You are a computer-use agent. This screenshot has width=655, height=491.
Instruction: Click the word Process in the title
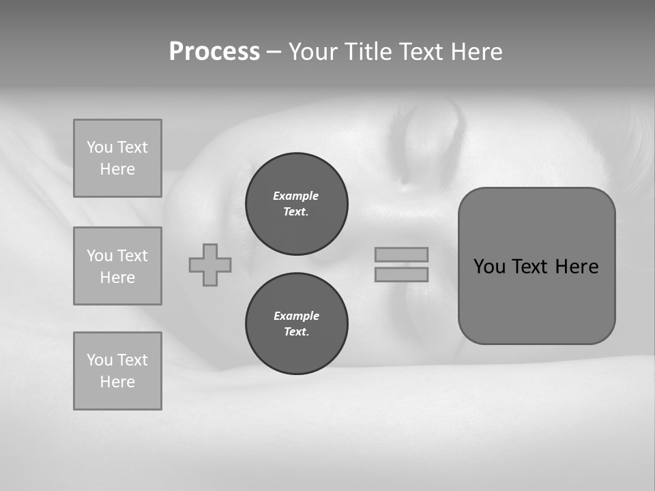pyautogui.click(x=214, y=52)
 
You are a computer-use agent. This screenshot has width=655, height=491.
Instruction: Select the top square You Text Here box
pyautogui.click(x=117, y=158)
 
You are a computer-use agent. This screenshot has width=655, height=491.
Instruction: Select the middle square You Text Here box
pyautogui.click(x=117, y=266)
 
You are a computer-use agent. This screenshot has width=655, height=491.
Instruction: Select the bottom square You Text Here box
pyautogui.click(x=117, y=371)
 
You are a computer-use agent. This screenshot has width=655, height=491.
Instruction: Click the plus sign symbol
pyautogui.click(x=210, y=265)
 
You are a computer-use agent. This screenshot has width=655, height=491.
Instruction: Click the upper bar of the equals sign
pyautogui.click(x=401, y=254)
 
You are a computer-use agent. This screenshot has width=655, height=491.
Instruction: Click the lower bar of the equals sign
pyautogui.click(x=401, y=274)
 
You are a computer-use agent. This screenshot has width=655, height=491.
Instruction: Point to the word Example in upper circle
pyautogui.click(x=296, y=196)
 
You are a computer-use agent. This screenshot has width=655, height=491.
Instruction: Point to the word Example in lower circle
pyautogui.click(x=296, y=316)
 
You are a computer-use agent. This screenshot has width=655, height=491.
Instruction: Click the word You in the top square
pyautogui.click(x=100, y=147)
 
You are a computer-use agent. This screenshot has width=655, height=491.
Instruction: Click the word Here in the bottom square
pyautogui.click(x=117, y=382)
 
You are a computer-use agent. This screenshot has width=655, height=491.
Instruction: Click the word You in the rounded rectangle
pyautogui.click(x=489, y=267)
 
